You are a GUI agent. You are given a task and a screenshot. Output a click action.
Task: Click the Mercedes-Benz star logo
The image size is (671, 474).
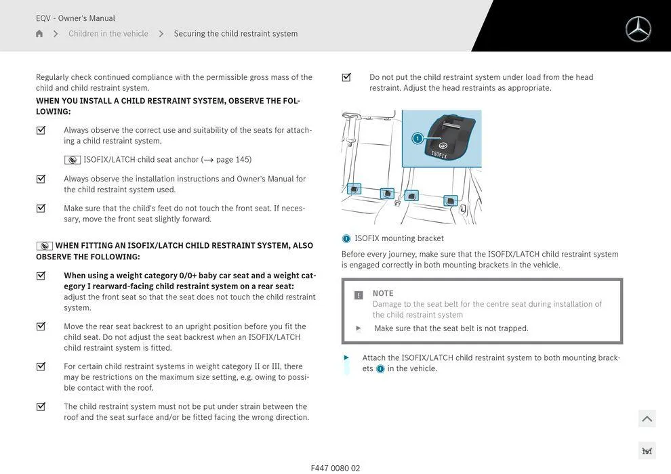point(638,29)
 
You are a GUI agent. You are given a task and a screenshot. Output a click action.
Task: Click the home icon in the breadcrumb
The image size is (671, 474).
point(39,34)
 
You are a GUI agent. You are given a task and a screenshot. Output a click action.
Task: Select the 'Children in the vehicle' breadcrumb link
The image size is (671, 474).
point(108,34)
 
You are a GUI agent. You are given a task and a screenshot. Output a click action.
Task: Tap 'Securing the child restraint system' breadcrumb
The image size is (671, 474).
point(235,34)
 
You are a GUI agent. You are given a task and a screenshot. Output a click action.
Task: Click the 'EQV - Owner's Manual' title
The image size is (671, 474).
point(75,18)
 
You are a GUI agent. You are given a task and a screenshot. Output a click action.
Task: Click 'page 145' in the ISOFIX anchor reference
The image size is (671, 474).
point(233,160)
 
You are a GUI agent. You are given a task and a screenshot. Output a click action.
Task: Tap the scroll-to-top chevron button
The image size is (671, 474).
point(647,419)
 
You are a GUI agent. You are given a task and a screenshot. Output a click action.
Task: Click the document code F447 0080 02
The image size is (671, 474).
point(335,468)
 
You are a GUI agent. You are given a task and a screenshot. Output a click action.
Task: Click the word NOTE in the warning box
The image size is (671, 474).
point(383,293)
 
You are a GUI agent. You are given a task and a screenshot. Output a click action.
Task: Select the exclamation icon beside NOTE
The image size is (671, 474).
point(359,295)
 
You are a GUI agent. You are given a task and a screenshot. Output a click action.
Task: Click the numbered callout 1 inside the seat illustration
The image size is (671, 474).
point(418,139)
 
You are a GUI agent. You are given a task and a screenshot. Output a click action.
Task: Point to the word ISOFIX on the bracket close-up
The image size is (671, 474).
point(439,154)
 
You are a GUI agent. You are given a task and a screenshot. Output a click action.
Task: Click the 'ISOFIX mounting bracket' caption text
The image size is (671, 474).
point(399,238)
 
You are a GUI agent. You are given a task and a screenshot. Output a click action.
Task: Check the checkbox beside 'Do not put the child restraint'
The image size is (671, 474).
point(346,77)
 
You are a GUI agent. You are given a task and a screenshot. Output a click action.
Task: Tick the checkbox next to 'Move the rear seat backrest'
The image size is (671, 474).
point(41,326)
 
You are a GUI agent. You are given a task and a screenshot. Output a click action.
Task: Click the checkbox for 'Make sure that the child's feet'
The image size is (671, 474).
point(41,209)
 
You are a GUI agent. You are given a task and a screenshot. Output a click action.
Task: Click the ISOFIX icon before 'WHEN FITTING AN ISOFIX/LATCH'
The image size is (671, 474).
point(45,246)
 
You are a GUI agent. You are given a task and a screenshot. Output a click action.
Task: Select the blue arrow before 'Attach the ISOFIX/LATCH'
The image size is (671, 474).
point(346,358)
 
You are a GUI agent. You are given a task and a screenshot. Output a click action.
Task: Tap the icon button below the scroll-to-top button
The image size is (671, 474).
point(647,451)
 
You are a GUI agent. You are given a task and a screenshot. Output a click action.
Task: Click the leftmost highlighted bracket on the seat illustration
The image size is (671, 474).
point(354,189)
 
